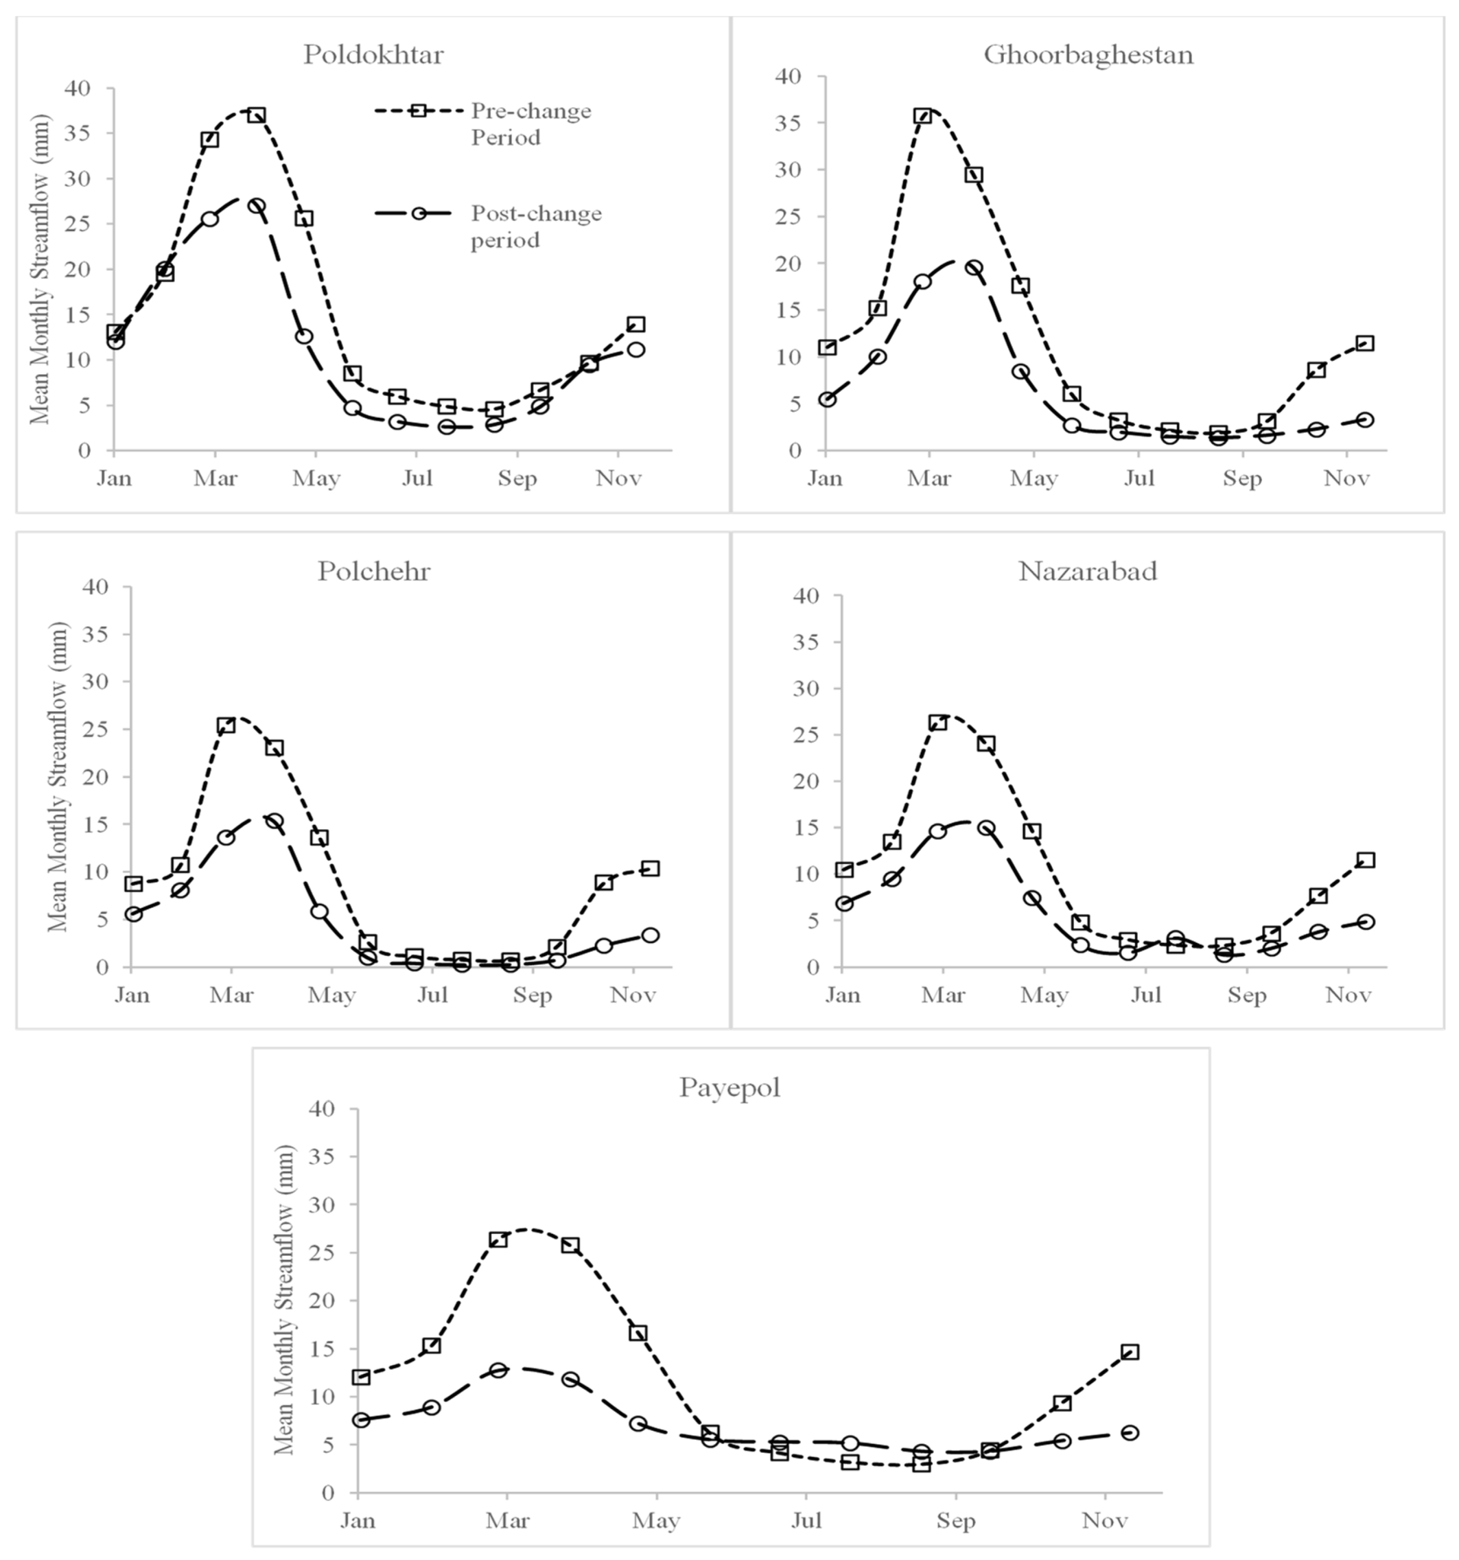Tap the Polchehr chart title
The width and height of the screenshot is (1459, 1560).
pos(374,571)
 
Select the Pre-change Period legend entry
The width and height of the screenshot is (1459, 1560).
pos(531,123)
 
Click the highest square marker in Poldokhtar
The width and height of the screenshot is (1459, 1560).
pos(257,115)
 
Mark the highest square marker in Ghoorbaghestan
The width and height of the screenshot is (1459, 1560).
pos(922,116)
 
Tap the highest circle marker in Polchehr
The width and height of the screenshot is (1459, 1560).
pos(274,821)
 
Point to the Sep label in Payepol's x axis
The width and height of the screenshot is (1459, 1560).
pos(955,1521)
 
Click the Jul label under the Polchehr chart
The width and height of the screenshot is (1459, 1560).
pos(432,995)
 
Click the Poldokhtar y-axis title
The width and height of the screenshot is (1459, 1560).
pos(39,269)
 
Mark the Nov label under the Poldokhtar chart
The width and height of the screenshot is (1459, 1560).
pos(618,478)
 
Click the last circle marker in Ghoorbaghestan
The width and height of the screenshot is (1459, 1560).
pos(1365,420)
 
